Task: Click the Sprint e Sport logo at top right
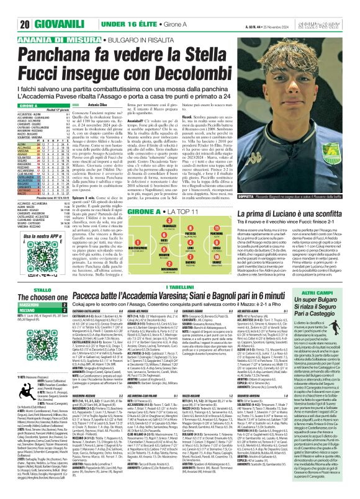click(333, 7)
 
